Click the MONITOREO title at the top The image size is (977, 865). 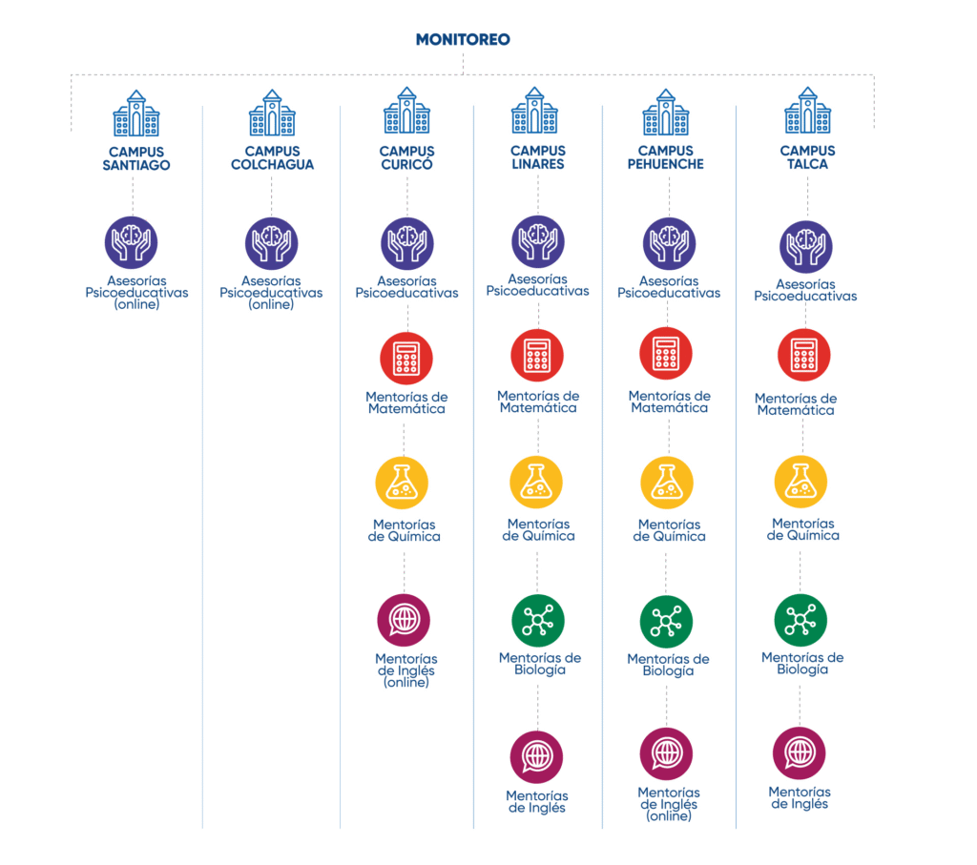[463, 40]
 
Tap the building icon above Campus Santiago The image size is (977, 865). [135, 113]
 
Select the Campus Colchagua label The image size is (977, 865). [272, 157]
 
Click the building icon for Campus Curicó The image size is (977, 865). [406, 112]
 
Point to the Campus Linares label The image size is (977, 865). [538, 157]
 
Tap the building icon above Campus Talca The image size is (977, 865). [807, 112]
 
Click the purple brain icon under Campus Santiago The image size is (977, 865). [132, 242]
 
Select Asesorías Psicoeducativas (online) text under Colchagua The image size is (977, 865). [271, 293]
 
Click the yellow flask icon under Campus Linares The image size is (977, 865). [536, 483]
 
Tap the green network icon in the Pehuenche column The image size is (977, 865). [666, 622]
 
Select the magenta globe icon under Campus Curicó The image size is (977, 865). [404, 620]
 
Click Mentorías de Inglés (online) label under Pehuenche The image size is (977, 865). [669, 804]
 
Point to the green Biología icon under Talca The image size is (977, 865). [800, 620]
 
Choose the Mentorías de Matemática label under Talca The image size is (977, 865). [796, 404]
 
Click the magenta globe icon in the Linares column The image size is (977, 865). [536, 757]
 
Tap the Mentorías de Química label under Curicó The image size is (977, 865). [405, 530]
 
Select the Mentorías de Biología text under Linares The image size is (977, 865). [540, 663]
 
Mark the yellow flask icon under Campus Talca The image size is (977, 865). [800, 483]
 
